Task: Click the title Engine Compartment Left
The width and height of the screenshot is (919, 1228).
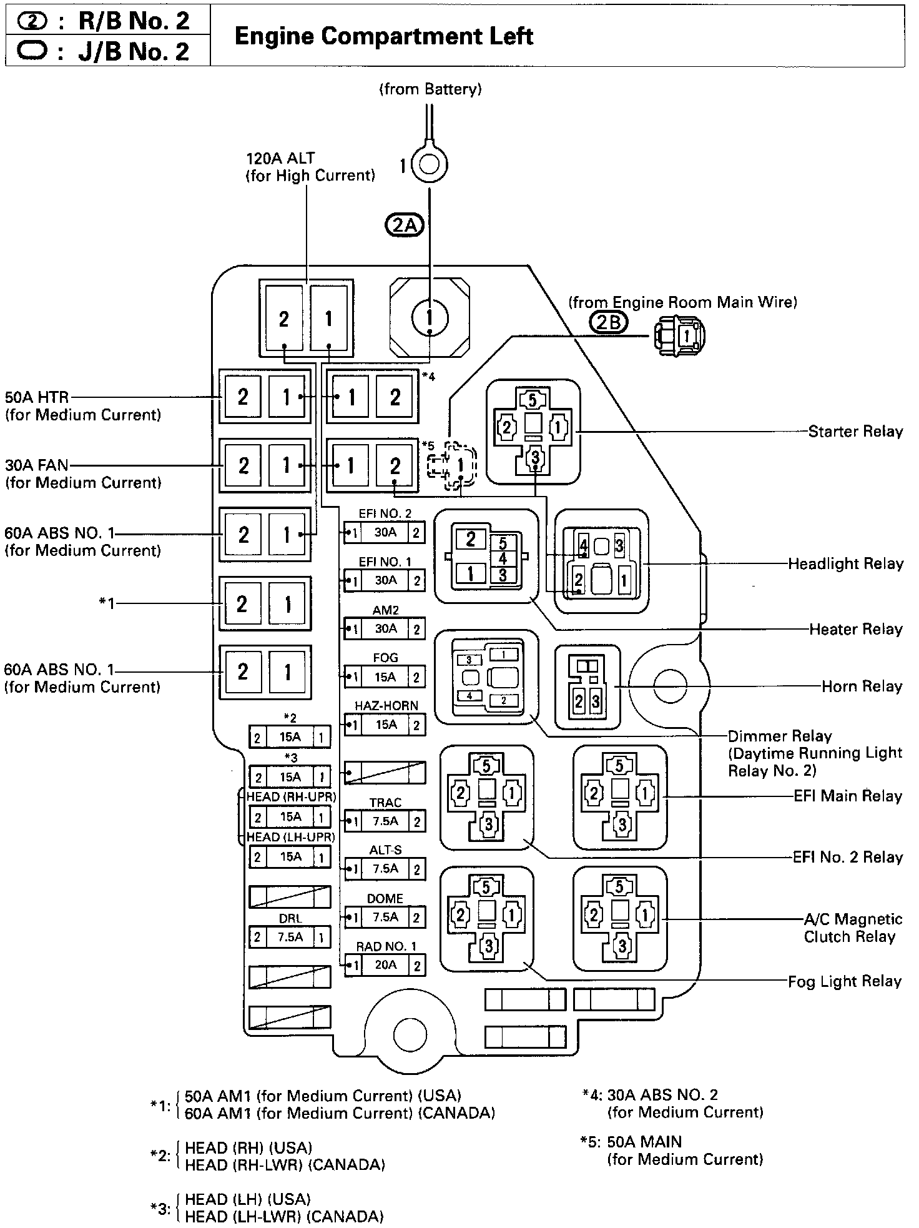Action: click(x=383, y=36)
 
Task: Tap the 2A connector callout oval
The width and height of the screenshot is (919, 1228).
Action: click(x=405, y=225)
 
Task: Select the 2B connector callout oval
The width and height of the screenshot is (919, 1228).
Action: click(x=608, y=323)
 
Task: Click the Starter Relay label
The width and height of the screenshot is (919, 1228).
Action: click(x=855, y=432)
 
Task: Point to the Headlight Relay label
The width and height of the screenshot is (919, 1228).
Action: click(x=845, y=564)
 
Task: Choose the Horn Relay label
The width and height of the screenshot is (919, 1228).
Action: click(x=862, y=686)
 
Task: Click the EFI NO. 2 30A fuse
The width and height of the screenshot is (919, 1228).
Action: click(x=385, y=533)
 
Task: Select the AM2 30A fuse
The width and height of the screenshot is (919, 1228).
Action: click(x=385, y=628)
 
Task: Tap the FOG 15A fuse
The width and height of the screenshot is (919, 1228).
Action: click(x=385, y=676)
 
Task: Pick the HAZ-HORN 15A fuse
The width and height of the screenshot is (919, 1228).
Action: click(x=385, y=725)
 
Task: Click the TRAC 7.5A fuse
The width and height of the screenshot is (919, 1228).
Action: click(x=385, y=821)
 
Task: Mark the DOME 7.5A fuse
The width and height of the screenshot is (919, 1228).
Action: click(x=385, y=917)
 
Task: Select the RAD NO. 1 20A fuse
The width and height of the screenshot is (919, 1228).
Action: click(x=385, y=965)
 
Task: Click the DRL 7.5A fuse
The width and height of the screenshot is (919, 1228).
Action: click(x=290, y=937)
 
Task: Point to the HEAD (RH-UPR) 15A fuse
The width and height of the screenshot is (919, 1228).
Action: click(x=290, y=817)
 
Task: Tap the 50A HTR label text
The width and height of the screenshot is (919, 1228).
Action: click(x=37, y=397)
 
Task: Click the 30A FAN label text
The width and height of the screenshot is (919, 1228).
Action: click(x=37, y=465)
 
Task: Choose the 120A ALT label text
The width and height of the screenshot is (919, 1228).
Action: click(x=280, y=159)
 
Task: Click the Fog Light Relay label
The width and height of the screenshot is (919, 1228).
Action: click(x=844, y=982)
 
